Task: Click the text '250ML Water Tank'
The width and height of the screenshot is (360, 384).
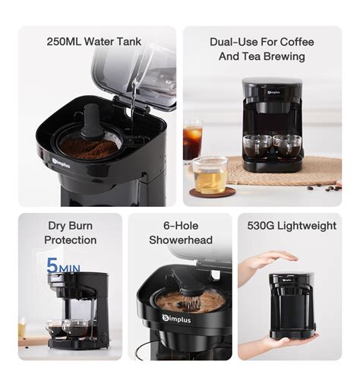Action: click(93, 42)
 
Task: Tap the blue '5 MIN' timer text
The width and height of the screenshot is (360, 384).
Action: click(65, 266)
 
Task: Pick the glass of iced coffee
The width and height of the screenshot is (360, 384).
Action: click(193, 142)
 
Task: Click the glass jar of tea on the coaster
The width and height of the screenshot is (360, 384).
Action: click(210, 176)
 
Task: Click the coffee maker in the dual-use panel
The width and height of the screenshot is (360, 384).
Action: click(273, 125)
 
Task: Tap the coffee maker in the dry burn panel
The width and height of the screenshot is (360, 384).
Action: click(77, 312)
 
